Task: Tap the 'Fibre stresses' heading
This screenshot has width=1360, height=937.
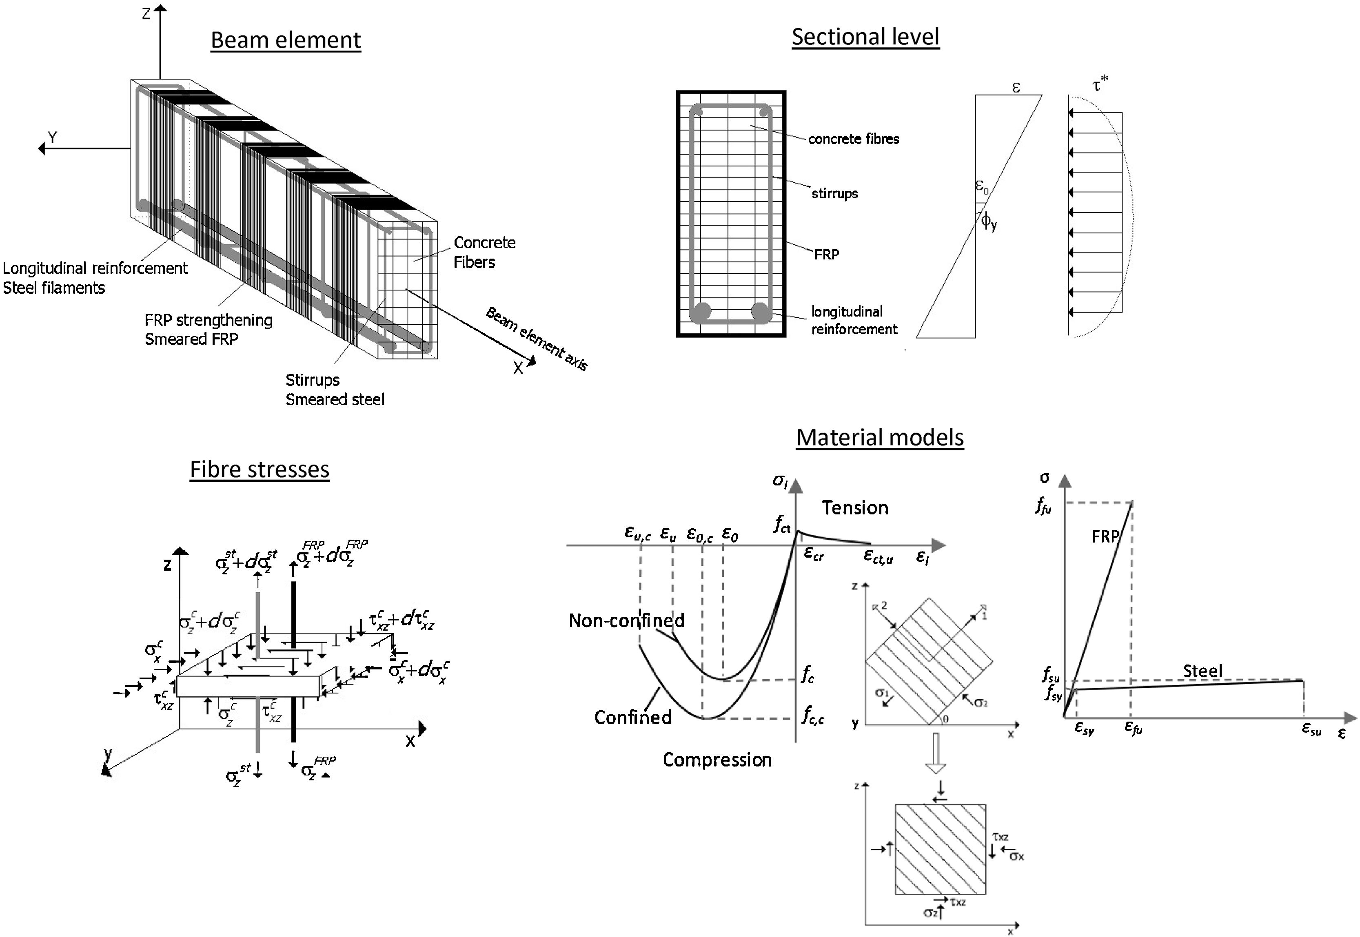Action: [x=260, y=470]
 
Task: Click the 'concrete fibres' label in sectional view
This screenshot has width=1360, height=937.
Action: [x=853, y=139]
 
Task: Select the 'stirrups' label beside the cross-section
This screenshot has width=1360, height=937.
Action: [x=834, y=194]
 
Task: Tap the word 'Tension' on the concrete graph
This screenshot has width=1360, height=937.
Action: [x=854, y=508]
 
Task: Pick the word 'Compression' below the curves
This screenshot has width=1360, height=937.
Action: [x=717, y=760]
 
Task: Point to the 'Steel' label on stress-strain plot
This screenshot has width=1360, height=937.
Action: [x=1202, y=671]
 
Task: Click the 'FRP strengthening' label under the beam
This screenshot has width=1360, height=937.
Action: [x=209, y=321]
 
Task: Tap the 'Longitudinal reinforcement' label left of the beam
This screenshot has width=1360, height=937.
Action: [x=95, y=268]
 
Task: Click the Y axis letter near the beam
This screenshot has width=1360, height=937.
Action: [x=53, y=137]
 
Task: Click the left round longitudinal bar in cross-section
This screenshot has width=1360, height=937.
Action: [x=702, y=311]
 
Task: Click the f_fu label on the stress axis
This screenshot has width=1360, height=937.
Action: [x=1043, y=506]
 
